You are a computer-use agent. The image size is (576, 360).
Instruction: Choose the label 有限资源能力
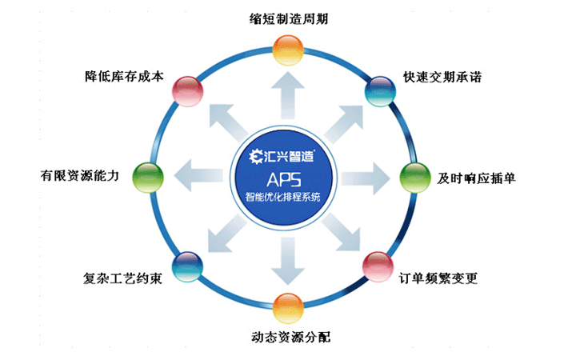tap(83, 175)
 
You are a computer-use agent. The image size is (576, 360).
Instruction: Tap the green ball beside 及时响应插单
tap(414, 176)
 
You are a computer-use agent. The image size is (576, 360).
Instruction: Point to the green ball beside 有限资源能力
tap(146, 174)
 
